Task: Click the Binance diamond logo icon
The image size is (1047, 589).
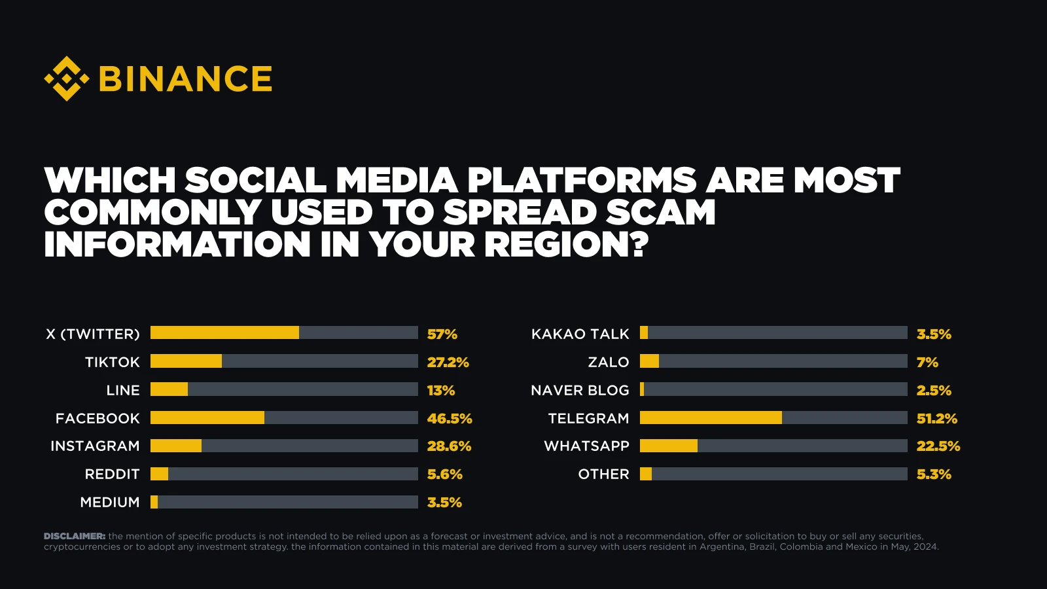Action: click(66, 79)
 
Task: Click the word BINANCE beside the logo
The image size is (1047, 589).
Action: click(185, 79)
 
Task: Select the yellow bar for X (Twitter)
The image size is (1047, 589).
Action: click(224, 332)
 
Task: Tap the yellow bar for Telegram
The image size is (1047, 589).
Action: click(711, 418)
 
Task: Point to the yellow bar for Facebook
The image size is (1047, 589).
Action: click(207, 418)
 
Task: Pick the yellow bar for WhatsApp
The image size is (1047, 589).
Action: click(668, 446)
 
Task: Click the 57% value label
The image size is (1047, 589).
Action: click(442, 334)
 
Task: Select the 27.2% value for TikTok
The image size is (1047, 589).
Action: click(448, 363)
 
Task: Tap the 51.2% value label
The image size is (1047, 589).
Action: click(936, 418)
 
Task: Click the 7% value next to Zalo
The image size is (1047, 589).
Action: click(927, 363)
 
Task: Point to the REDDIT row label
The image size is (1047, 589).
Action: click(112, 474)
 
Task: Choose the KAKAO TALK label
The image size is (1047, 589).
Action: click(580, 334)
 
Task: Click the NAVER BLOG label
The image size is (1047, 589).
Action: click(580, 391)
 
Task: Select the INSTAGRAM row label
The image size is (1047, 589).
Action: click(95, 446)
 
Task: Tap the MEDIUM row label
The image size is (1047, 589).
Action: click(110, 503)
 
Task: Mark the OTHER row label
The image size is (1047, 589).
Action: click(603, 474)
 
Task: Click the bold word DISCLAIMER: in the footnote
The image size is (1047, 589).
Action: click(75, 536)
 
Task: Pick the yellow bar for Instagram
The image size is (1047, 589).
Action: click(176, 446)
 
